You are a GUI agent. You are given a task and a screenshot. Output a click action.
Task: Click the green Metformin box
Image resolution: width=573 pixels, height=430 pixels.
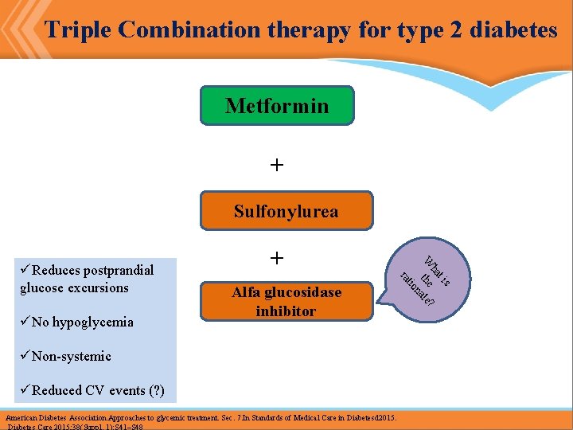277,106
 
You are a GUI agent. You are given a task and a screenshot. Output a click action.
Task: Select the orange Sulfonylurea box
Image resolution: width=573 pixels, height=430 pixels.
286,211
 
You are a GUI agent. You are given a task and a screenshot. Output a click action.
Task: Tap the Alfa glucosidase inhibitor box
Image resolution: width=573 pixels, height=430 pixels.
286,301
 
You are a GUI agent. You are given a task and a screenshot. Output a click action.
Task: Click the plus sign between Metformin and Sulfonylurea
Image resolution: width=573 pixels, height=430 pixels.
276,165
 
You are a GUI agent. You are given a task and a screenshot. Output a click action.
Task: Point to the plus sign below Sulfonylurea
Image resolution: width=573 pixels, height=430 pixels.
276,258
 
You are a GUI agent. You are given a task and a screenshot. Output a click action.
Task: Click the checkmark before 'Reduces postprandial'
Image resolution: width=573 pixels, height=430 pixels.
25,270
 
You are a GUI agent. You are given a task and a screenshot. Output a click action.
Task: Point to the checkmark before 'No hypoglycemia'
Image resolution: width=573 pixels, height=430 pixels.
25,322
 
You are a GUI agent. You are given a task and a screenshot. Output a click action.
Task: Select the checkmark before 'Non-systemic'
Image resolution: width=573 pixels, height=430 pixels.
25,356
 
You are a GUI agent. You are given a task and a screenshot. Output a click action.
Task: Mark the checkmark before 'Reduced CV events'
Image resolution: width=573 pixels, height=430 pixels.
25,390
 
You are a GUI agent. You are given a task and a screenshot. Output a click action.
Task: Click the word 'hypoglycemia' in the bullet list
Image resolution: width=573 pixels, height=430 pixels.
93,322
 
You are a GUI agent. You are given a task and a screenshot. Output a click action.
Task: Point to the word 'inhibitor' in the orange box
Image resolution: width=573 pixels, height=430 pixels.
286,311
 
